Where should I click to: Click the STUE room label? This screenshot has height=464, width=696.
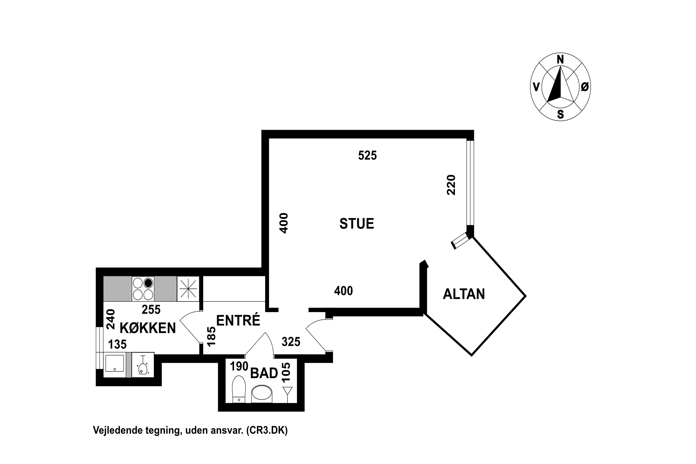357,224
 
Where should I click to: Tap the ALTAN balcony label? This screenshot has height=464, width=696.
464,294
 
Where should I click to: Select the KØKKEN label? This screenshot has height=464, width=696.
148,328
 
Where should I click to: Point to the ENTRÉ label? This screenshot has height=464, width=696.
238,320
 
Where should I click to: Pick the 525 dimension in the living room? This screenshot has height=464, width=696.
367,155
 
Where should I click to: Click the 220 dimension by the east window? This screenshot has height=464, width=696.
451,185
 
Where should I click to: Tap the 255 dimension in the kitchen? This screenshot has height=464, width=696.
151,309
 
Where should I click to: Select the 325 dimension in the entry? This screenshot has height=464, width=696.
291,342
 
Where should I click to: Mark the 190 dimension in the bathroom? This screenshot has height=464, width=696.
239,366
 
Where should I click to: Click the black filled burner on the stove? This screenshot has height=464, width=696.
148,283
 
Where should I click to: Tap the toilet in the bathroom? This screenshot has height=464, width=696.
239,389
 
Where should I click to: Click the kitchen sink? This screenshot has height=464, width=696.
115,363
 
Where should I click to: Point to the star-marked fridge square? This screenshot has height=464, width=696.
188,289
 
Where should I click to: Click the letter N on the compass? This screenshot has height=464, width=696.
560,59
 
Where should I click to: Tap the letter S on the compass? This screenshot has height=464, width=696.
560,114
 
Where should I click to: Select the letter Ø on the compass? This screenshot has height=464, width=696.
585,87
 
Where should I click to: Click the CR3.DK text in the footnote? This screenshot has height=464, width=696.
267,430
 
